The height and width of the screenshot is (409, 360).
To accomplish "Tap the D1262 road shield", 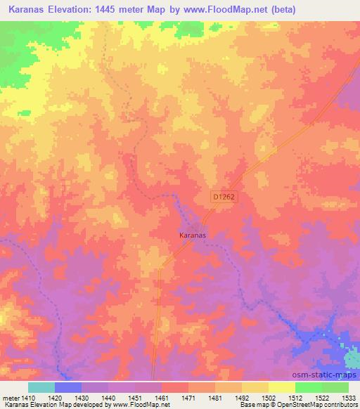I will point(224,199).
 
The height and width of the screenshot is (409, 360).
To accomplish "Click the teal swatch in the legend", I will point(41,387).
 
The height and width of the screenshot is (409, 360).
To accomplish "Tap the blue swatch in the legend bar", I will point(67,387).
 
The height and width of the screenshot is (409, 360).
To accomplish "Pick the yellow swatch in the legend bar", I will point(281,387).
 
